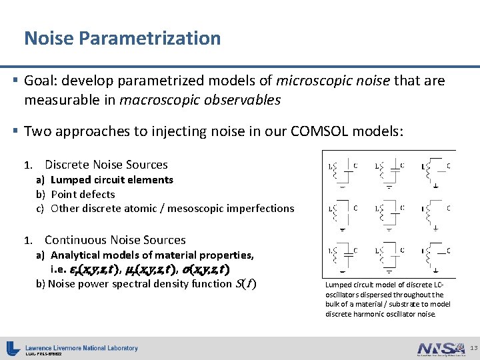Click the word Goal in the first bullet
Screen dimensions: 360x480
coord(42,81)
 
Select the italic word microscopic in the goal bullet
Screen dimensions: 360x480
coord(313,81)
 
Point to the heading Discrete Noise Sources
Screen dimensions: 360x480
coord(106,165)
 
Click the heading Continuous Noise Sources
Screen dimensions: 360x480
coord(115,240)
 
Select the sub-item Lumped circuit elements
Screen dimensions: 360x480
coord(111,180)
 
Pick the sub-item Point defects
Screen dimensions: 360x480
coord(83,195)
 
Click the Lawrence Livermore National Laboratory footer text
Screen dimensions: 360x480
coord(81,347)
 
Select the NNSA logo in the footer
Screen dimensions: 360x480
coord(439,348)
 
